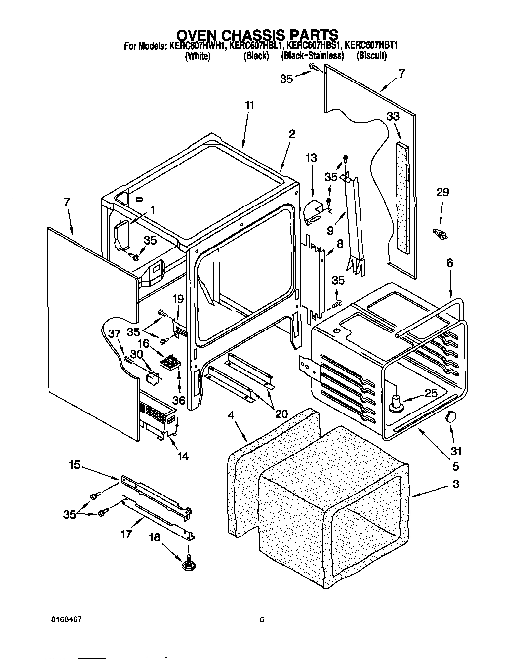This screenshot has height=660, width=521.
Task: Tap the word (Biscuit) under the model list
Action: [371, 56]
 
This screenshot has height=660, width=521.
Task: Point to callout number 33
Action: [393, 117]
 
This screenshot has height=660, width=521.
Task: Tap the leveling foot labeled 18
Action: [188, 561]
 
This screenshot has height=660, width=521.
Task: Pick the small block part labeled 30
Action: [153, 378]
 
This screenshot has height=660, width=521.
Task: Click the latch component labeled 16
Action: [171, 363]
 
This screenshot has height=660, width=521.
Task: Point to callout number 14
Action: [182, 456]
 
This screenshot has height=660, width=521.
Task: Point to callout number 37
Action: [114, 334]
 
